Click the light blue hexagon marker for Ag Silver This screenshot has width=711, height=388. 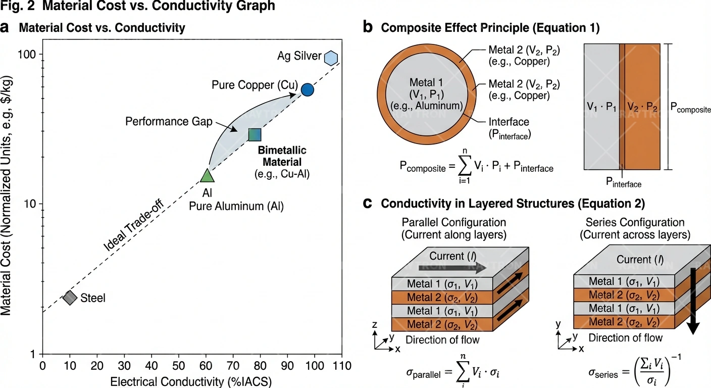tap(331, 58)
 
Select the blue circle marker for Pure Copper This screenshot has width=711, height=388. tap(307, 89)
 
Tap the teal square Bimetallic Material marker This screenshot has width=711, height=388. tap(255, 134)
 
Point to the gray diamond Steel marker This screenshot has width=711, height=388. tap(70, 298)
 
